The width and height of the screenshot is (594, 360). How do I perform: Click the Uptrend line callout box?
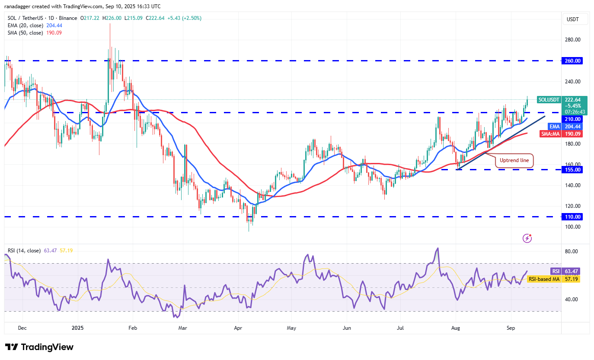[x=514, y=160]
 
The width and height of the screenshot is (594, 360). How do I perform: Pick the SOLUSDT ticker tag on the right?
[x=549, y=100]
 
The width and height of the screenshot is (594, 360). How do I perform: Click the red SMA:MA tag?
[x=550, y=134]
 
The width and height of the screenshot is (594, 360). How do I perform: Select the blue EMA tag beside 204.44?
[x=555, y=127]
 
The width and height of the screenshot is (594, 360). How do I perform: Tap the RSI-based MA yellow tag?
[x=544, y=279]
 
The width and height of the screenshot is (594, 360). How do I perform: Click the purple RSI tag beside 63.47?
[x=556, y=271]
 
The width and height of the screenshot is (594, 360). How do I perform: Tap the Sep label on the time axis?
[x=511, y=328]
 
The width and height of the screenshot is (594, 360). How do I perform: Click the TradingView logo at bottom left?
[x=39, y=347]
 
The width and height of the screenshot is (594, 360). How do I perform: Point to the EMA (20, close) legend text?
[x=26, y=25]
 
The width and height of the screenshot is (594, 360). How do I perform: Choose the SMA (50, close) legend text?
[x=26, y=33]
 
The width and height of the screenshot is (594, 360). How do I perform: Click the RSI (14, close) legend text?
[x=24, y=251]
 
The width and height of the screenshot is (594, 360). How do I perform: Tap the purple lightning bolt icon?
[x=527, y=238]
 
